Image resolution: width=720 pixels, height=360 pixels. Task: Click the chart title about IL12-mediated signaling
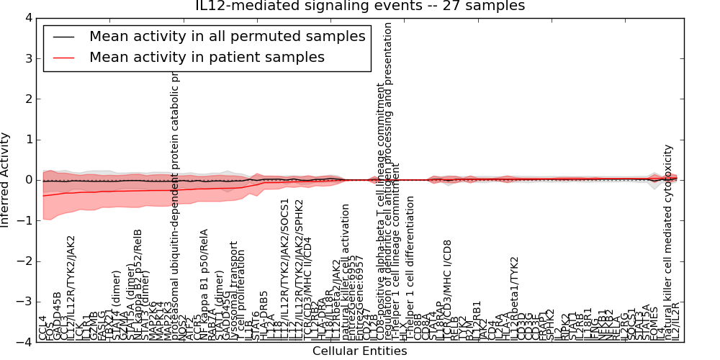click(360, 6)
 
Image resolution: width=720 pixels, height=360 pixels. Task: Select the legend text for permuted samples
click(227, 36)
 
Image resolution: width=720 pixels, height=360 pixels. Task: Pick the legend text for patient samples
click(207, 57)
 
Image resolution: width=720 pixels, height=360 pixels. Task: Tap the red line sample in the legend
click(63, 57)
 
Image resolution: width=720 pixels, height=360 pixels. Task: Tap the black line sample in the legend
click(63, 36)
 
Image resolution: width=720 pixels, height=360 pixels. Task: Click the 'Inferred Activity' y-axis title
click(6, 180)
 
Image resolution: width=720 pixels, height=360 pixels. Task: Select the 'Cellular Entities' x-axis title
click(360, 351)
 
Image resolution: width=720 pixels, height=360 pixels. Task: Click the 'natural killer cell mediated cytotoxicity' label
click(668, 242)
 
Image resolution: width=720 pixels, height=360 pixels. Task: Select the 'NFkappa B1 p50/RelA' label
click(204, 284)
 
